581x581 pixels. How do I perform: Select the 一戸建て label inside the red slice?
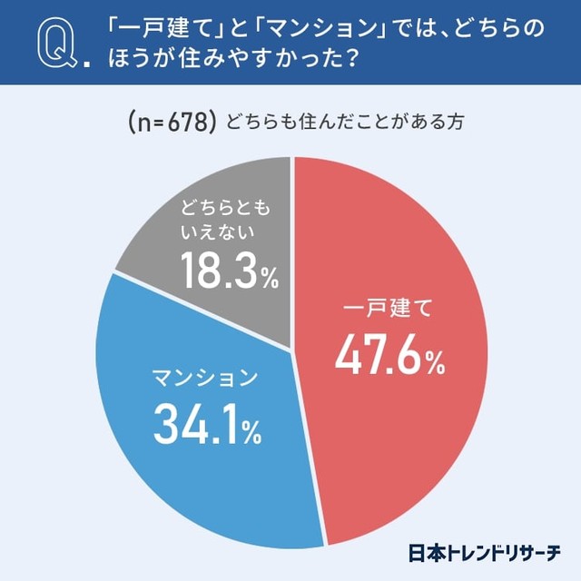[389, 309]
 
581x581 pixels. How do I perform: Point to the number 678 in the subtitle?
[194, 122]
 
